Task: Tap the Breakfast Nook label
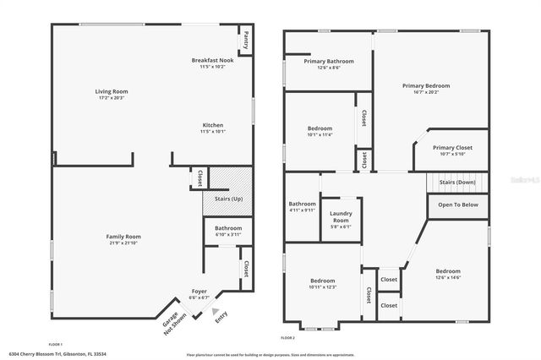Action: pyautogui.click(x=212, y=60)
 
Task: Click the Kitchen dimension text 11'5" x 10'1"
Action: pyautogui.click(x=212, y=131)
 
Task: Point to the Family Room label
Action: pyautogui.click(x=123, y=236)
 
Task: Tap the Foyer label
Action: pyautogui.click(x=199, y=291)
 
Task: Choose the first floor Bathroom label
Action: pyautogui.click(x=228, y=228)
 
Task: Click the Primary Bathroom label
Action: pyautogui.click(x=328, y=61)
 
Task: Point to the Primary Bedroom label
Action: pyautogui.click(x=426, y=85)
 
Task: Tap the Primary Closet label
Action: pyautogui.click(x=452, y=147)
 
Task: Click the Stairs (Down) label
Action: pyautogui.click(x=458, y=182)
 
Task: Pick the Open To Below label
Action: pyautogui.click(x=458, y=205)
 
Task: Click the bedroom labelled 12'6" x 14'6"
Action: pyautogui.click(x=448, y=271)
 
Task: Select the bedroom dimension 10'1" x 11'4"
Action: pyautogui.click(x=320, y=134)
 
